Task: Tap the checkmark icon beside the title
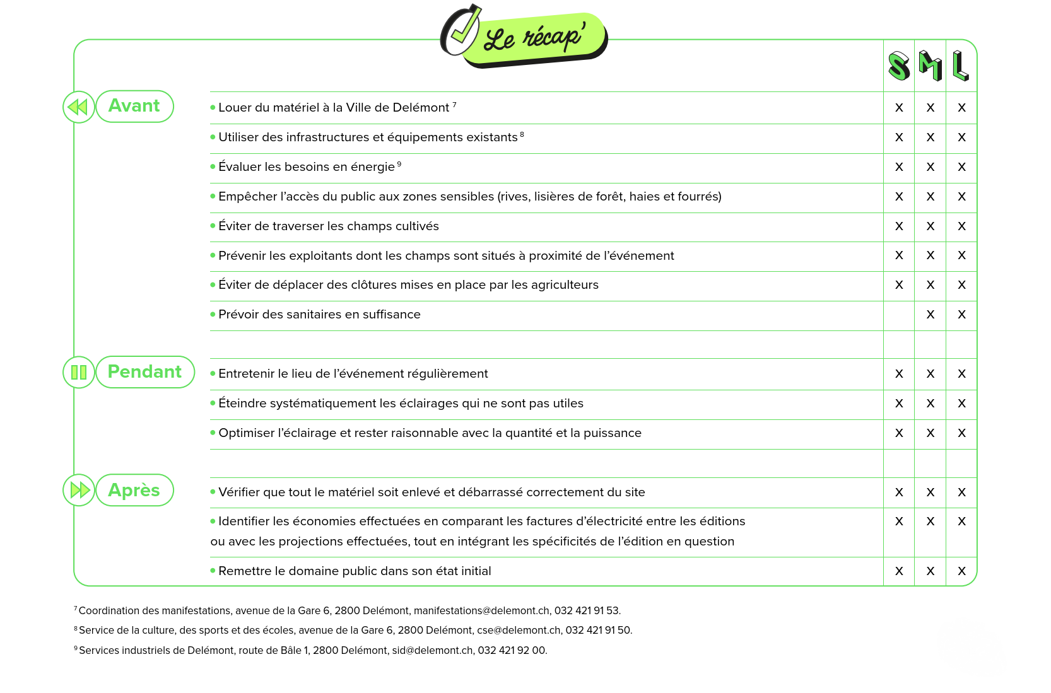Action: [x=461, y=30]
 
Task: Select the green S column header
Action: [x=899, y=66]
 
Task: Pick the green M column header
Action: [x=931, y=66]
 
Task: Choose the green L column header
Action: [x=961, y=66]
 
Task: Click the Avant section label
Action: [x=134, y=106]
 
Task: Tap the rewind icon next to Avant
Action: [x=79, y=107]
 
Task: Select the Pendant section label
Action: [x=145, y=372]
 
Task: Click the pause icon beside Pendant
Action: [x=79, y=372]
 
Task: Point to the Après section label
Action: [x=134, y=490]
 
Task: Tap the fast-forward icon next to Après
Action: [x=79, y=490]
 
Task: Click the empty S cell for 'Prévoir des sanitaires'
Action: [x=899, y=315]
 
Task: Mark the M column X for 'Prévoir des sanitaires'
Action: [x=931, y=315]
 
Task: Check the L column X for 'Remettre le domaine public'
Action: [x=961, y=571]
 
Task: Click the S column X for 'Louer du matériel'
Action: [x=899, y=108]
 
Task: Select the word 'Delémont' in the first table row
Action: [x=421, y=108]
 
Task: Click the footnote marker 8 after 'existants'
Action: [x=522, y=134]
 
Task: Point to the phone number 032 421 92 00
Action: [x=512, y=650]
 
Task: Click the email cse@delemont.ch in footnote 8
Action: [x=519, y=630]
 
